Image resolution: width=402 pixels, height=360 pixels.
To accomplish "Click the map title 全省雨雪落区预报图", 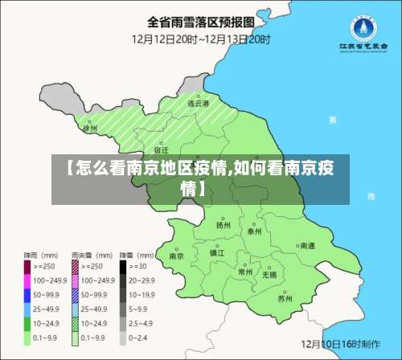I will (x=201, y=21).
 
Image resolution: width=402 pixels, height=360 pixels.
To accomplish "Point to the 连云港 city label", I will (x=198, y=104).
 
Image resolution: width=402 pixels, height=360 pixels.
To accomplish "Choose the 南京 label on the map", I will (x=177, y=256).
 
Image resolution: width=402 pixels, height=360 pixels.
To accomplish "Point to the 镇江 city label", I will (x=217, y=252).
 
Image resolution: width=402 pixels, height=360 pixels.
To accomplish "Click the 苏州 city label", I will (x=285, y=298).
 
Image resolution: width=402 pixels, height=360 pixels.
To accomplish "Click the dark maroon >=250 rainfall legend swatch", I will (x=27, y=265).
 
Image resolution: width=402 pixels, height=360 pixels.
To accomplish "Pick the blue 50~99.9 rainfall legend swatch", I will (x=27, y=295).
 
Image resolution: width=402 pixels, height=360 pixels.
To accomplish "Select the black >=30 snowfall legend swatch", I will (x=125, y=265).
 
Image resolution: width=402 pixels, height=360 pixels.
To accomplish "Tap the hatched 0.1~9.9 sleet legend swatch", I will (x=76, y=339).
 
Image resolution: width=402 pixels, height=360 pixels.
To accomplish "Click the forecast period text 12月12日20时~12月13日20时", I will (x=201, y=38).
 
